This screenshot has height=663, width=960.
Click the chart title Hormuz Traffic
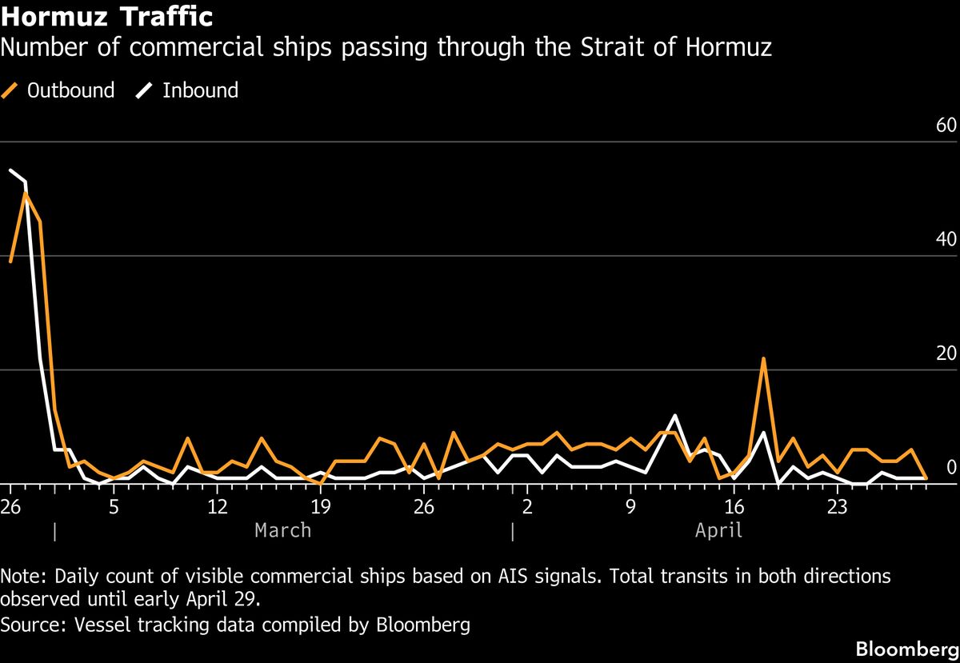[x=106, y=16]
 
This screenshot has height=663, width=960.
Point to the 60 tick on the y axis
[x=946, y=126]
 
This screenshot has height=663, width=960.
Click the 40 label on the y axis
[x=946, y=240]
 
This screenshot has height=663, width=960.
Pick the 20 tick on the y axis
[x=946, y=354]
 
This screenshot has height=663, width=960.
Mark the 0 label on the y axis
[x=951, y=468]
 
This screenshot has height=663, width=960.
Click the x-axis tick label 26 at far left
[x=10, y=506]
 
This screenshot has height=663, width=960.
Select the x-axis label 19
[x=320, y=506]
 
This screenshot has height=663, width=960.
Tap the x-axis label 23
[x=837, y=506]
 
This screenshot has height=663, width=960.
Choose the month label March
[x=282, y=529]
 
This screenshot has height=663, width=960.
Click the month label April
[x=718, y=529]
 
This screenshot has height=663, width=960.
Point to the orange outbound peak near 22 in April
[x=764, y=358]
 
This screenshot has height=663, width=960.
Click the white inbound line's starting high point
[x=10, y=170]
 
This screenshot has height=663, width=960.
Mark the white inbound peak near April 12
[x=675, y=415]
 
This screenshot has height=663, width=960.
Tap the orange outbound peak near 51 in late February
[x=26, y=193]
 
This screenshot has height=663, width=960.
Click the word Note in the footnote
[x=22, y=576]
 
